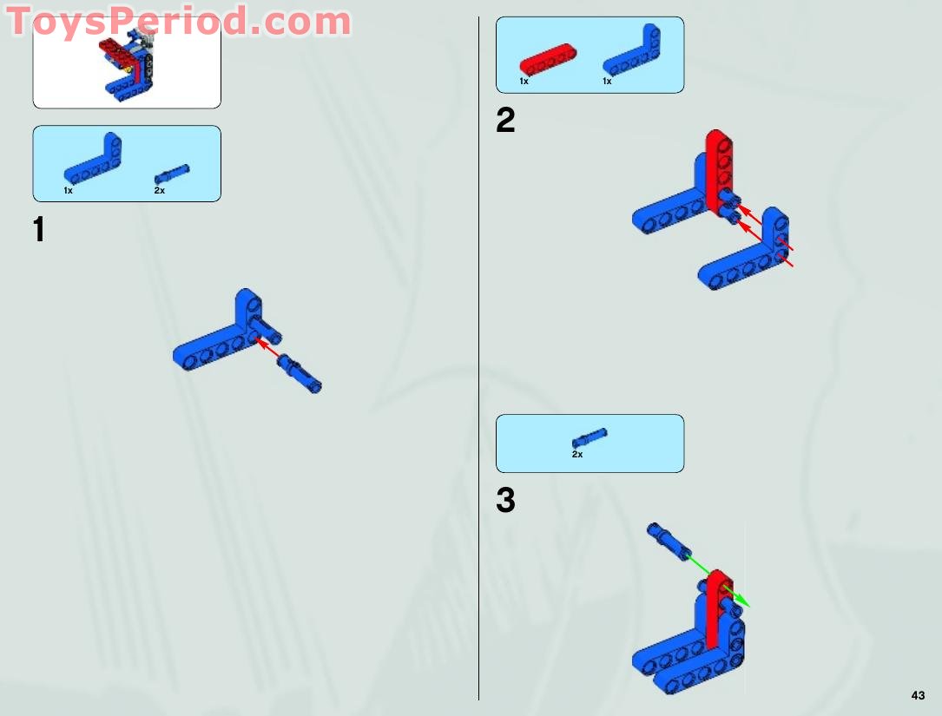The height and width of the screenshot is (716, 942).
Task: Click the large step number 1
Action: click(x=38, y=231)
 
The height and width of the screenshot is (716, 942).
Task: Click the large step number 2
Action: click(x=505, y=121)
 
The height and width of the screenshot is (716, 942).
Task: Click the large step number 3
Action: click(x=505, y=501)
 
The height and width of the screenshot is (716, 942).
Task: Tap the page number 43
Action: click(x=919, y=694)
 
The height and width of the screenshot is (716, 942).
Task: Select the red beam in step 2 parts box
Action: click(x=548, y=62)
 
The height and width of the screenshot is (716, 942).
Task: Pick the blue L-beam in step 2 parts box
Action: click(x=631, y=57)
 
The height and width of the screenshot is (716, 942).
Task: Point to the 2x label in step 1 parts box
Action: click(x=160, y=190)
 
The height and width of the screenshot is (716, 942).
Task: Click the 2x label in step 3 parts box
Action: click(x=577, y=454)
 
